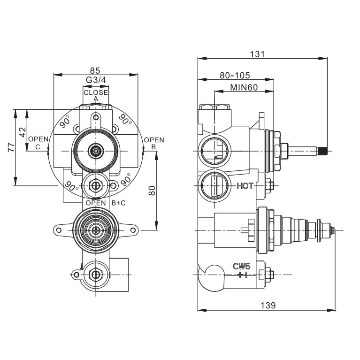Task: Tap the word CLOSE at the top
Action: [96, 92]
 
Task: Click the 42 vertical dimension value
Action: [22, 132]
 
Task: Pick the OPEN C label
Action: [38, 143]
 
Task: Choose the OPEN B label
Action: [154, 143]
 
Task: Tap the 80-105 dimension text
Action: [235, 75]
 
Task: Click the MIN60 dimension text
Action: [244, 87]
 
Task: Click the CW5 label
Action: [242, 266]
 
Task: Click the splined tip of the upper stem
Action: [322, 151]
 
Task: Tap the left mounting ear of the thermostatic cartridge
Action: [59, 230]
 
